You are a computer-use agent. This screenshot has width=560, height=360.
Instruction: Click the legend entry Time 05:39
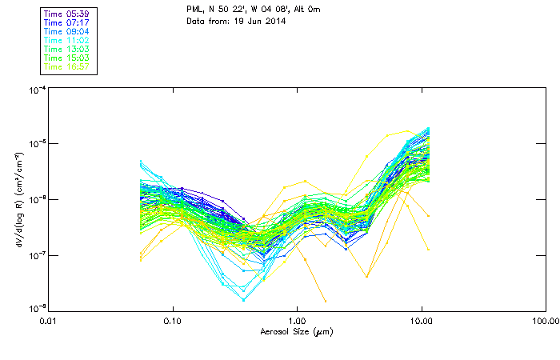[x=66, y=14]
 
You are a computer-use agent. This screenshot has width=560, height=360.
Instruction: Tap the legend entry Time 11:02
[x=66, y=40]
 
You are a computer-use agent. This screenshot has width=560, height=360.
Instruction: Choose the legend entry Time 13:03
[x=66, y=49]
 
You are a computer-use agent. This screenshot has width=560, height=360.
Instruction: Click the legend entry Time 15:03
[x=66, y=58]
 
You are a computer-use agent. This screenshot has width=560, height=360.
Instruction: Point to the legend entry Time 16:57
[x=66, y=66]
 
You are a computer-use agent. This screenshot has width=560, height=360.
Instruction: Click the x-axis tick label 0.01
[x=48, y=321]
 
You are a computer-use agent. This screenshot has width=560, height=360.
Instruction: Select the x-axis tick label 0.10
[x=172, y=321]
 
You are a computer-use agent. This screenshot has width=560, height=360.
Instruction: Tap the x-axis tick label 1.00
[x=297, y=321]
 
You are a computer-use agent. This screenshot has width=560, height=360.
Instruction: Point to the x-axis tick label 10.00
[x=422, y=321]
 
